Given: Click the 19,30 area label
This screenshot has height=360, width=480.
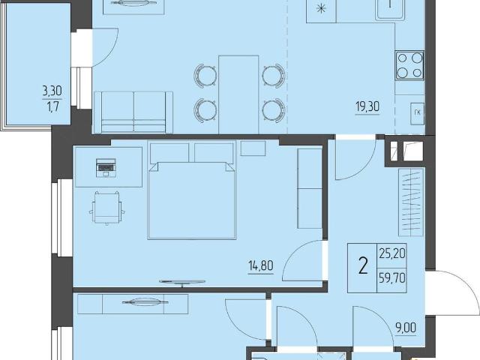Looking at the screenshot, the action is [x=367, y=106].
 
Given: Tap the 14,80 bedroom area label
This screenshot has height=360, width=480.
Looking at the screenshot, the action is [x=261, y=265].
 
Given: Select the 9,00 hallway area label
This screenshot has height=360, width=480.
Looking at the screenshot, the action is [x=406, y=328].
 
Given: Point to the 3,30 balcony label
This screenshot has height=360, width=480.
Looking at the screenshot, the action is [x=52, y=91].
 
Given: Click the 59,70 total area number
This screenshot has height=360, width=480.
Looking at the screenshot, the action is [x=392, y=278].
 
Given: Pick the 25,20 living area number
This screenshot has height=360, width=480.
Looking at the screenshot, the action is [x=392, y=253].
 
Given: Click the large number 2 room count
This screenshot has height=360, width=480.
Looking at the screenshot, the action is [x=363, y=265].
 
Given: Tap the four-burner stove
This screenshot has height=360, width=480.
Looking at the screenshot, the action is [x=409, y=65].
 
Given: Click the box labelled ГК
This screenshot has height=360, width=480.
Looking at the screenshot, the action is [x=417, y=113].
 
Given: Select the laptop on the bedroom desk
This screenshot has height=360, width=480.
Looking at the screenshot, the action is [x=106, y=168].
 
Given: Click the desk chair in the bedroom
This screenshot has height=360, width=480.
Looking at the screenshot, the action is [x=106, y=208].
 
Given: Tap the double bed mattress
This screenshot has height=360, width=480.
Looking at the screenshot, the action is [x=192, y=199].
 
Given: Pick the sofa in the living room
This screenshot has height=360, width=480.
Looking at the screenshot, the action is [x=133, y=112].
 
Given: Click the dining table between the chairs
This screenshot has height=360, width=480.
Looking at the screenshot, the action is [x=238, y=94].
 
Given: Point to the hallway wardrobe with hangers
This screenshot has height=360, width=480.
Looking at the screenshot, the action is [x=411, y=202].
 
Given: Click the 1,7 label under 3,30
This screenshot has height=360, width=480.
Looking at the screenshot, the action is [x=52, y=106].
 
